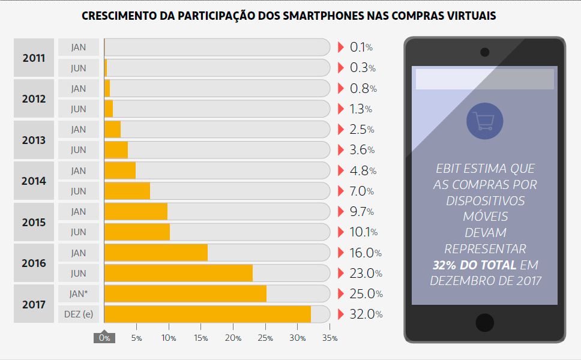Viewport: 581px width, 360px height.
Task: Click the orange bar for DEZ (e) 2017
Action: click(207, 314)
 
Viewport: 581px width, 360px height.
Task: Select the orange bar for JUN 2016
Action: click(178, 274)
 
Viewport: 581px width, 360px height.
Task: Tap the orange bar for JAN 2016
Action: click(156, 253)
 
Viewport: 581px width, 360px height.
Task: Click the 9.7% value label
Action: click(362, 212)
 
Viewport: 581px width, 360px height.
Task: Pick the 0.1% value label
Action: click(361, 47)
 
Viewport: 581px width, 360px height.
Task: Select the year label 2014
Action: click(34, 181)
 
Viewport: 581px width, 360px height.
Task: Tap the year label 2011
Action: click(34, 58)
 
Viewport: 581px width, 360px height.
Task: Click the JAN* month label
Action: click(78, 293)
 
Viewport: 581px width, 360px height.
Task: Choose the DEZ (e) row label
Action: click(78, 314)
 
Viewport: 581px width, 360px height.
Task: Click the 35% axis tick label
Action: click(330, 338)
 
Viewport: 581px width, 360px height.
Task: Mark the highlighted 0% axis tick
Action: click(104, 338)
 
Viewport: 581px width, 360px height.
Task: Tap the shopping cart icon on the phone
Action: click(484, 121)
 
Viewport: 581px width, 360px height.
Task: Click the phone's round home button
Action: click(484, 322)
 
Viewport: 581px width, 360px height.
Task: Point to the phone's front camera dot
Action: click(484, 52)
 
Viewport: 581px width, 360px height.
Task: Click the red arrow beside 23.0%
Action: click(341, 274)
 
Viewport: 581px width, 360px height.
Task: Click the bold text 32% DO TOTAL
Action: click(474, 265)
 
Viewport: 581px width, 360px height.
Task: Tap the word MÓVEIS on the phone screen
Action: click(484, 216)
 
